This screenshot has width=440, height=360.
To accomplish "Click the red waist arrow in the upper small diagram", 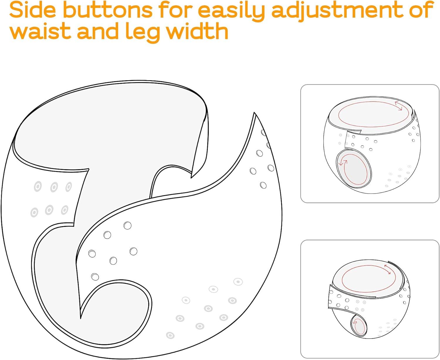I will [x=399, y=106].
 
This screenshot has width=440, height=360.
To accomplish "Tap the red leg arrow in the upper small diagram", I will [x=343, y=162].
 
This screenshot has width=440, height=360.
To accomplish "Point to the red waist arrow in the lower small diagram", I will [x=387, y=269].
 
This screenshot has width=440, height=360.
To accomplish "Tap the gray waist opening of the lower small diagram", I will [x=368, y=279].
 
